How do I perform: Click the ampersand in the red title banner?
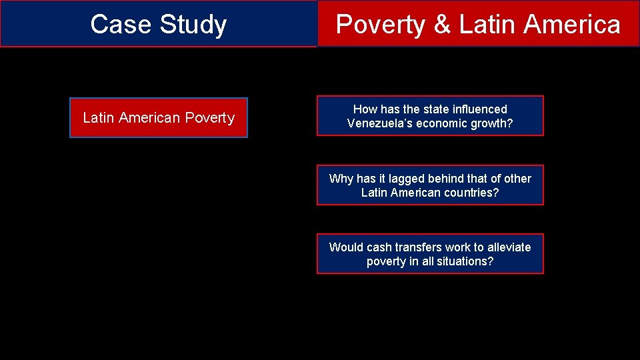pyautogui.click(x=442, y=25)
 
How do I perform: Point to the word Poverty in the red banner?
pyautogui.click(x=381, y=25)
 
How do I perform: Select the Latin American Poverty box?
pyautogui.click(x=159, y=118)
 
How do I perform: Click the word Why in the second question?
pyautogui.click(x=341, y=179)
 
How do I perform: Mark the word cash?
pyautogui.click(x=379, y=247)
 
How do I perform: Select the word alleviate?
pyautogui.click(x=508, y=247)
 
